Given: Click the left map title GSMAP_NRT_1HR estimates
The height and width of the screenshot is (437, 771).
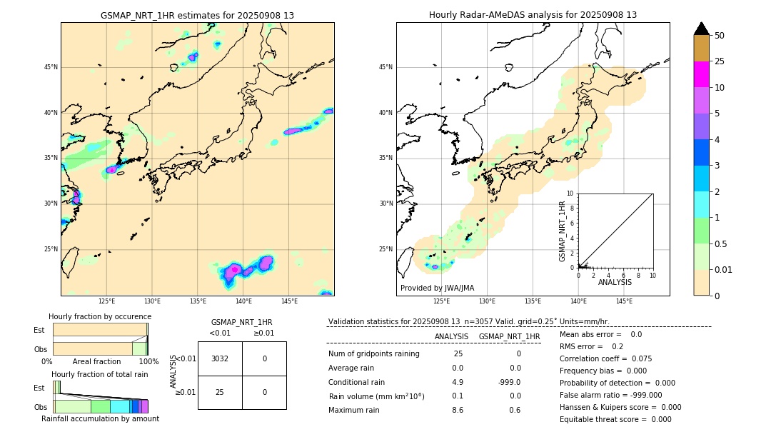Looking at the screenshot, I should click(197, 15).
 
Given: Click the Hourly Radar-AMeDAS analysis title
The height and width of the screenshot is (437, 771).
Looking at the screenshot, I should click(533, 15).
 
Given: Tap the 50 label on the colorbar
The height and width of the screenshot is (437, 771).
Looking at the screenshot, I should click(720, 36).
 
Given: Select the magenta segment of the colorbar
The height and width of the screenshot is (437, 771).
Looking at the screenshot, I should click(701, 74).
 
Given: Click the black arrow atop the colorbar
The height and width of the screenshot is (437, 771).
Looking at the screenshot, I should click(701, 29).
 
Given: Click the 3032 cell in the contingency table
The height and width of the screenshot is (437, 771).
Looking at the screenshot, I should click(220, 358).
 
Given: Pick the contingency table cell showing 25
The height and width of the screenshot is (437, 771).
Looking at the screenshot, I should click(220, 392).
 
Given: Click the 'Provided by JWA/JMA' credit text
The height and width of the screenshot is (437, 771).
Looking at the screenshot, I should click(437, 288).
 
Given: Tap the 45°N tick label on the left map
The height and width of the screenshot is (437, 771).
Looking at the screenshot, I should click(50, 67).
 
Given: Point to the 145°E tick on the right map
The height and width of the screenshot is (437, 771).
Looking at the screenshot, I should click(624, 301).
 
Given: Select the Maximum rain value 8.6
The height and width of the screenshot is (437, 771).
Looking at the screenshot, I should click(458, 410).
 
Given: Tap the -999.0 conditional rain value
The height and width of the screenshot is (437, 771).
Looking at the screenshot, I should click(509, 382).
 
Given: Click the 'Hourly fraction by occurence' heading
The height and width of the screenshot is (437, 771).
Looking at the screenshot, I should click(100, 316).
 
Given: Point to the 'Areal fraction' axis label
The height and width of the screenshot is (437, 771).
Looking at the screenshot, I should click(97, 361).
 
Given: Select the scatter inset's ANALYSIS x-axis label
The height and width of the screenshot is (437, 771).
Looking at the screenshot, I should click(615, 283).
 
